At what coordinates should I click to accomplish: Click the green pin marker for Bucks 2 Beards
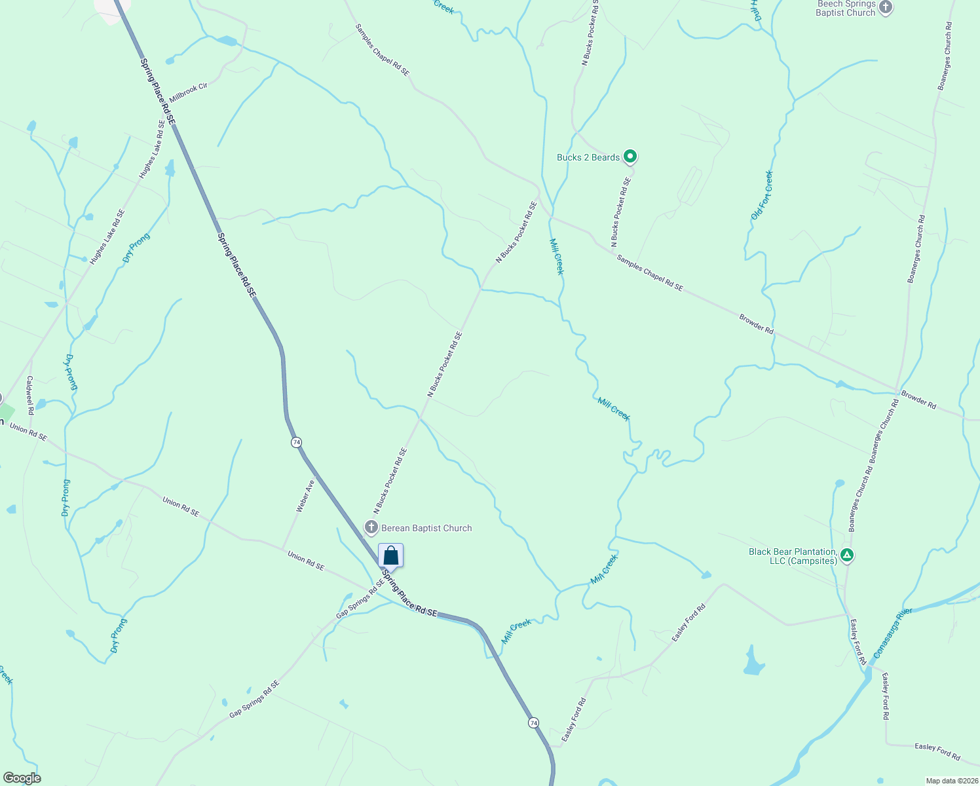click(x=630, y=157)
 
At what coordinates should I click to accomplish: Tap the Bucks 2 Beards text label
click(x=588, y=157)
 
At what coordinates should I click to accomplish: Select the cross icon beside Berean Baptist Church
click(x=371, y=527)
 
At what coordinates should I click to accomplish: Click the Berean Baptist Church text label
click(x=426, y=528)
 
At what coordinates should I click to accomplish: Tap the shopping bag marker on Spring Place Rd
click(x=390, y=556)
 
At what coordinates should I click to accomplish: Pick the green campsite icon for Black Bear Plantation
click(x=847, y=555)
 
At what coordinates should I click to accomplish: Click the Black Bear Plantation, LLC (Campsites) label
click(x=793, y=556)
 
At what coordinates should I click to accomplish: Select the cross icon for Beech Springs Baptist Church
click(x=886, y=8)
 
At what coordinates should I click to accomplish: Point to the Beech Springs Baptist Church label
click(x=846, y=9)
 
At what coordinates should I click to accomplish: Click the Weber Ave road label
click(x=305, y=496)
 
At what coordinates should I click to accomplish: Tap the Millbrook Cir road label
click(x=188, y=92)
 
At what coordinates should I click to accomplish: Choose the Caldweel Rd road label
click(x=29, y=395)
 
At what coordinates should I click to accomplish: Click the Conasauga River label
click(x=893, y=633)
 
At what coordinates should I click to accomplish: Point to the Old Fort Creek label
click(x=762, y=195)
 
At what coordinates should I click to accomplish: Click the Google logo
click(x=22, y=778)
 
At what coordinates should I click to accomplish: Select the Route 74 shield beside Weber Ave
click(x=297, y=442)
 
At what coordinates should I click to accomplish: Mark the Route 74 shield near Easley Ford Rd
click(x=534, y=722)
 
